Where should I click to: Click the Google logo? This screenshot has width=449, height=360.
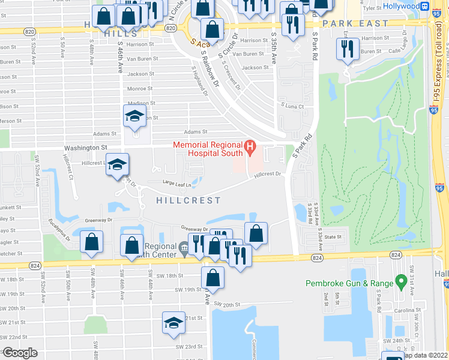20,353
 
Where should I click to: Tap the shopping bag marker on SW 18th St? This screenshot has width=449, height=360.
212,277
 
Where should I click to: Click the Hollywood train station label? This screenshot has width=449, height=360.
401,6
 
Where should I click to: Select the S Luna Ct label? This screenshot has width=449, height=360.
294,106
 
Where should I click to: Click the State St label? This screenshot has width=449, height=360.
333,237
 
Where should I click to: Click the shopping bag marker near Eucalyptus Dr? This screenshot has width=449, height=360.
91,242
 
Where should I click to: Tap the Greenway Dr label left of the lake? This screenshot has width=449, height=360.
98,220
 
